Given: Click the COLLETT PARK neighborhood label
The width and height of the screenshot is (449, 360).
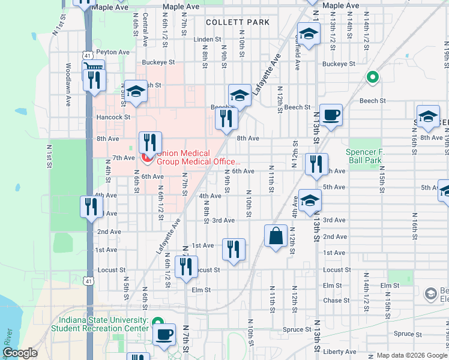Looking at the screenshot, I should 237,22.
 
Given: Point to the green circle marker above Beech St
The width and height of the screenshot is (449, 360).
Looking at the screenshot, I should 372,77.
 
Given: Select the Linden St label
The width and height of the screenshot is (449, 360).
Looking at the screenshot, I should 208,40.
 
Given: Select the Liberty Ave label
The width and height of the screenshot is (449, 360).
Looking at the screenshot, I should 339,352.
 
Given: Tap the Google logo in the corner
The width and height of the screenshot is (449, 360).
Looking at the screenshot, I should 20,353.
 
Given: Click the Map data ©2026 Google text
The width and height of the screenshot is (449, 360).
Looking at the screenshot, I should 411,355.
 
